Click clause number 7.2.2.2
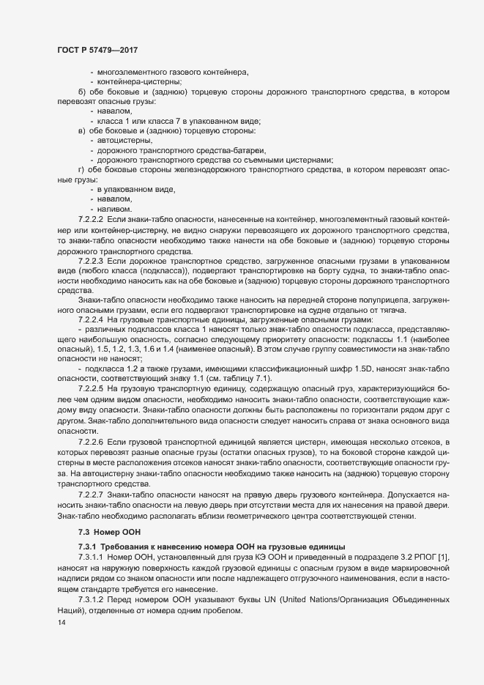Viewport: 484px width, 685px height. pyautogui.click(x=92, y=220)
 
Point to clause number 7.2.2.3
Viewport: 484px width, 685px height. pyautogui.click(x=92, y=260)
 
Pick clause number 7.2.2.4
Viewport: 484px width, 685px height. pyautogui.click(x=92, y=321)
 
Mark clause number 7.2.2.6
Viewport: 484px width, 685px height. pyautogui.click(x=92, y=444)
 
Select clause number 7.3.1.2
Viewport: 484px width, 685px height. pyautogui.click(x=92, y=600)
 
